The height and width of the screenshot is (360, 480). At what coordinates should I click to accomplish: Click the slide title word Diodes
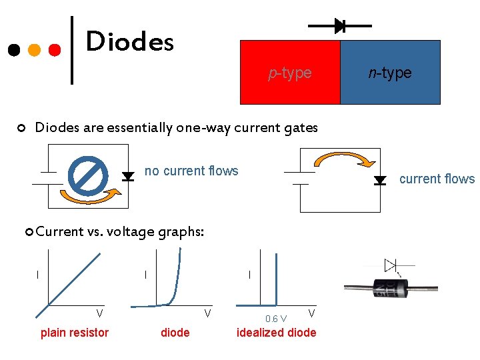[130, 42]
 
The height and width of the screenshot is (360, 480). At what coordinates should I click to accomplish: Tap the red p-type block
[290, 72]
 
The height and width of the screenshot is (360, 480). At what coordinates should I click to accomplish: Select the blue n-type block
[390, 72]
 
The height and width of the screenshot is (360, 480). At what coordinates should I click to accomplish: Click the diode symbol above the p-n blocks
[339, 26]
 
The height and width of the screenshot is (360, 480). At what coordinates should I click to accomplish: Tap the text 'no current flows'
[191, 171]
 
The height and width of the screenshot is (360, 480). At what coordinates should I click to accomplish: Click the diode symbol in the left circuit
[127, 177]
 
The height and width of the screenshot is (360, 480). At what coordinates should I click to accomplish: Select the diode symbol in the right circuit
[380, 180]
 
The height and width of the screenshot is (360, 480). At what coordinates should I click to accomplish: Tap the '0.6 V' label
[275, 319]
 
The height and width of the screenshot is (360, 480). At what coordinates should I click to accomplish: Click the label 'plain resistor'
[75, 333]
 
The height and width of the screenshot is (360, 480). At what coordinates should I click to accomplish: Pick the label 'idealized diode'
[277, 333]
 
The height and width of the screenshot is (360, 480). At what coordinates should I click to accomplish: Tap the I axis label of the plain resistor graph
[38, 274]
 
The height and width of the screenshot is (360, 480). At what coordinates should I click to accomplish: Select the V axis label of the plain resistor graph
[99, 312]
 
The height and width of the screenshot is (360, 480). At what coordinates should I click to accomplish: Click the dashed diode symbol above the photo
[391, 265]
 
